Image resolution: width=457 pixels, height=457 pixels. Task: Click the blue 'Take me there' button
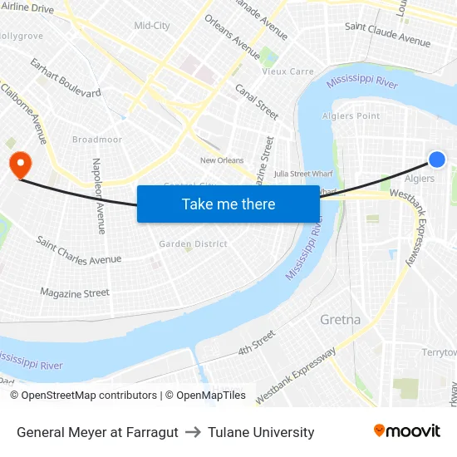pyautogui.click(x=228, y=204)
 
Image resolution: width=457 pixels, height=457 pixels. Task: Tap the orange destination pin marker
pyautogui.click(x=17, y=162)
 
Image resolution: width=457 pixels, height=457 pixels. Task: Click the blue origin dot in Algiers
pyautogui.click(x=437, y=160)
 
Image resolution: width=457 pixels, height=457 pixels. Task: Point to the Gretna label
pyautogui.click(x=341, y=319)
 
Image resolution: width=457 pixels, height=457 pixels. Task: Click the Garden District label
pyautogui.click(x=193, y=244)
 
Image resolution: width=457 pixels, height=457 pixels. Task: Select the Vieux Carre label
pyautogui.click(x=288, y=72)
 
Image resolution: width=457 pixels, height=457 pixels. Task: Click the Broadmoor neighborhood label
pyautogui.click(x=97, y=140)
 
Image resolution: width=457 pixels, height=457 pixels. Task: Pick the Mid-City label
pyautogui.click(x=152, y=26)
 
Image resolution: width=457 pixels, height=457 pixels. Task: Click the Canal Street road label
pyautogui.click(x=256, y=101)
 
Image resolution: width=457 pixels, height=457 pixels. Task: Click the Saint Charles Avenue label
pyautogui.click(x=80, y=249)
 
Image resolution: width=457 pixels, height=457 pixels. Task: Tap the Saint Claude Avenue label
pyautogui.click(x=387, y=33)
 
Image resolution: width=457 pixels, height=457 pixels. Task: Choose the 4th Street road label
pyautogui.click(x=256, y=342)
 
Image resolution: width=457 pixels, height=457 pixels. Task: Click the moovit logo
pyautogui.click(x=406, y=431)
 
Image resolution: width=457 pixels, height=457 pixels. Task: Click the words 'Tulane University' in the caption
pyautogui.click(x=261, y=432)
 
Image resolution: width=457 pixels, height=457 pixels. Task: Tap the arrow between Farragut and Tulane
pyautogui.click(x=193, y=432)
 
